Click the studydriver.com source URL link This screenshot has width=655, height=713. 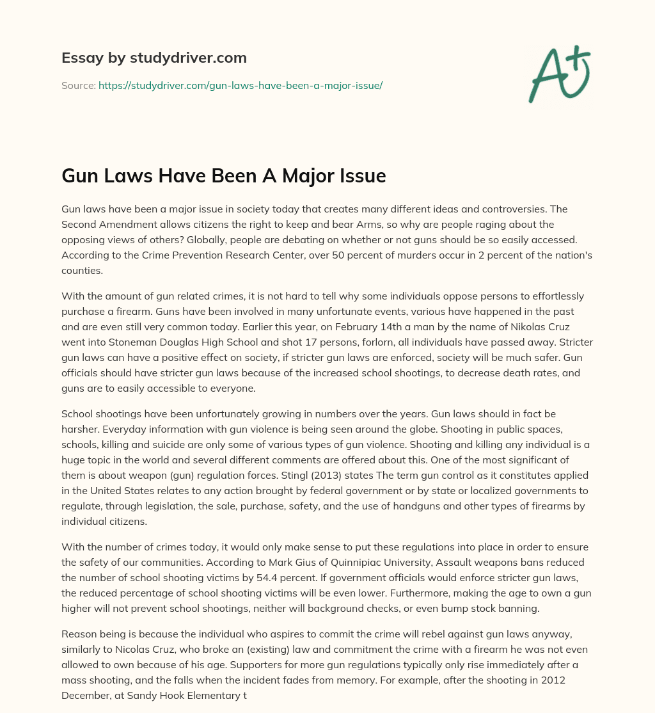(240, 85)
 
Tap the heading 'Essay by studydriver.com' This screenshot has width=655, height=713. (154, 58)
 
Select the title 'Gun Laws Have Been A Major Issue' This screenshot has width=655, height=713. (223, 175)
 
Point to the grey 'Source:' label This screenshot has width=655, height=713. (78, 85)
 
